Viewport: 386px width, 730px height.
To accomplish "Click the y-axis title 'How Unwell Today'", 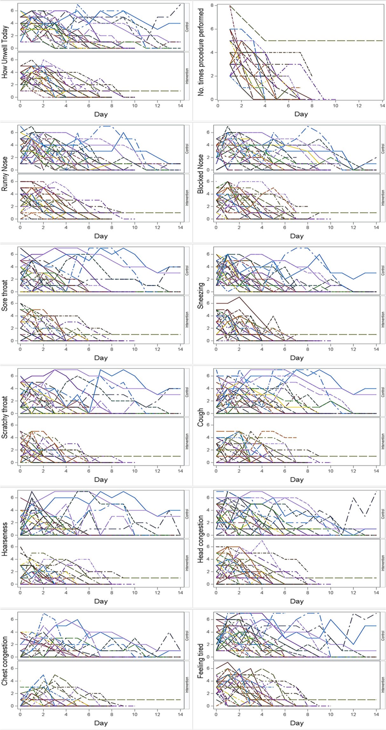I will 5,52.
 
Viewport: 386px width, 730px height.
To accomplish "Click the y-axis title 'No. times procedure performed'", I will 201,52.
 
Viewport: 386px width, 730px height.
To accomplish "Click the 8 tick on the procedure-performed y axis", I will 211,5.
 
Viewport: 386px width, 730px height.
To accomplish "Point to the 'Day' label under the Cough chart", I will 296,479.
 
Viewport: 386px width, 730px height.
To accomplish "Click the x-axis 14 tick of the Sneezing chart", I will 376,349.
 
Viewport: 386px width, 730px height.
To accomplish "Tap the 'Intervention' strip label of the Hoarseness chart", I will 187,564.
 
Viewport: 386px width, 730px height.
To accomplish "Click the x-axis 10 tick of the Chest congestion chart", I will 135,714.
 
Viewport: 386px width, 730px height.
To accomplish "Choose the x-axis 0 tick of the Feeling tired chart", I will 216,714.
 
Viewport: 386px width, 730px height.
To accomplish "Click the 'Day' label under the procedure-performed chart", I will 301,114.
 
